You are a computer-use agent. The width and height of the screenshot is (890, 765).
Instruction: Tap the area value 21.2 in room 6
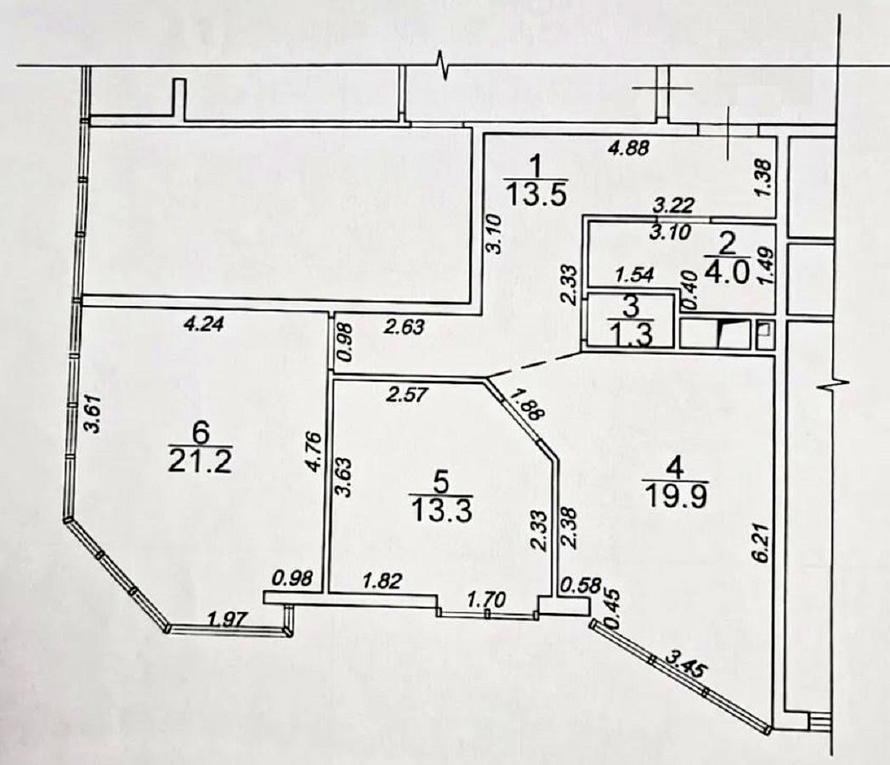(201, 463)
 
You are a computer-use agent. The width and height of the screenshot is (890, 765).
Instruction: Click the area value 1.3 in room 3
(631, 333)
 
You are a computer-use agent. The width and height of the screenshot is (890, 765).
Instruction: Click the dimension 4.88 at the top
(629, 147)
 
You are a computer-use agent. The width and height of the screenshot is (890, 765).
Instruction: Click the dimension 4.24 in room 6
(205, 322)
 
